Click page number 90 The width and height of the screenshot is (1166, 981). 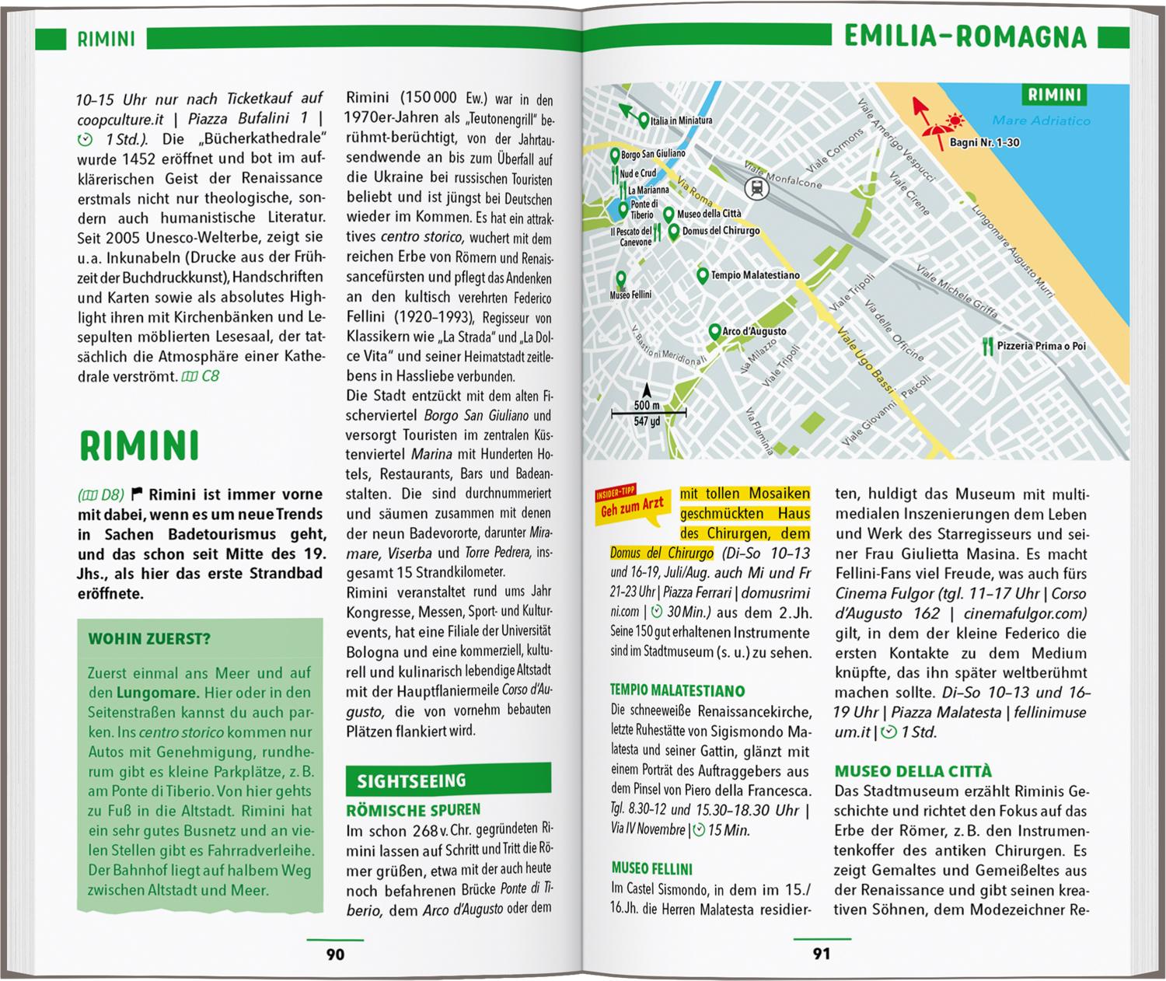(x=335, y=954)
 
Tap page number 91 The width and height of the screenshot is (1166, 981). (x=822, y=954)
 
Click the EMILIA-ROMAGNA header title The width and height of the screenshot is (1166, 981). (x=965, y=37)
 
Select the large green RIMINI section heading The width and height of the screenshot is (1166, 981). (x=140, y=445)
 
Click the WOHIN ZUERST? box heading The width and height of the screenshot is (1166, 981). (x=149, y=640)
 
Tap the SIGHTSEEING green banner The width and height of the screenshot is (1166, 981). (x=412, y=780)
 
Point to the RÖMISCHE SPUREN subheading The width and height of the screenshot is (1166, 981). (x=414, y=810)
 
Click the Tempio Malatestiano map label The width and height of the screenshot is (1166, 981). (x=755, y=275)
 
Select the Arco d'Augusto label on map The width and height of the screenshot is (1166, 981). (x=754, y=331)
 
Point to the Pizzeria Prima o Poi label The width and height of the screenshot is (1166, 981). (x=1042, y=346)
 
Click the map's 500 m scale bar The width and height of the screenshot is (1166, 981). (x=648, y=413)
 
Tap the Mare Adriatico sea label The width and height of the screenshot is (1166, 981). (x=1041, y=120)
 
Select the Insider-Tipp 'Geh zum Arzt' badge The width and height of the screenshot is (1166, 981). (x=630, y=504)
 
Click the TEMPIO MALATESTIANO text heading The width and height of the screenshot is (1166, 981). (x=678, y=691)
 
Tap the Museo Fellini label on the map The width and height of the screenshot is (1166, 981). (x=630, y=295)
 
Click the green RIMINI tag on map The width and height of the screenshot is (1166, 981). (x=1054, y=95)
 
